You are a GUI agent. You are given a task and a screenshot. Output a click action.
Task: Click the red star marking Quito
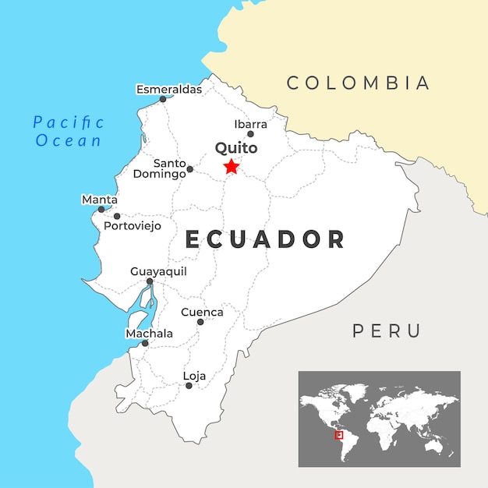tap(231, 166)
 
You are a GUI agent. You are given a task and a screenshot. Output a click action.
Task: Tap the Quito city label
tap(235, 147)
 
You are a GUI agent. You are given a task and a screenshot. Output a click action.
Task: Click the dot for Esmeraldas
tap(163, 99)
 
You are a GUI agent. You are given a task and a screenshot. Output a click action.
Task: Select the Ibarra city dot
tap(250, 134)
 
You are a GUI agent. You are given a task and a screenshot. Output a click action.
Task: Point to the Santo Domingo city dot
tap(189, 168)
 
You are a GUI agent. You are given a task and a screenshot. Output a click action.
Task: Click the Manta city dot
tap(101, 209)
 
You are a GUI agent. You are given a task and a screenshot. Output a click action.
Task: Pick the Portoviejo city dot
tap(117, 216)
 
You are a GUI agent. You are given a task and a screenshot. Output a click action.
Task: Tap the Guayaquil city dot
tap(150, 281)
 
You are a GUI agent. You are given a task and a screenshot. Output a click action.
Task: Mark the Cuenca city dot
tap(200, 321)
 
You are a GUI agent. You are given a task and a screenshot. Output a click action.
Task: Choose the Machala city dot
tap(145, 343)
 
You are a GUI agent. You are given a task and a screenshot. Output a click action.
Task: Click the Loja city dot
tap(189, 385)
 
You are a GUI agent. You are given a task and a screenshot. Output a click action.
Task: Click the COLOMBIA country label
tap(358, 83)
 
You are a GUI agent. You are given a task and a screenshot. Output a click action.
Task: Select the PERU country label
tap(387, 331)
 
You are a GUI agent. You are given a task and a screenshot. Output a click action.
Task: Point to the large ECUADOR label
tap(265, 239)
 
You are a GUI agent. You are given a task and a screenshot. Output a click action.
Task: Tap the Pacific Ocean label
tap(69, 131)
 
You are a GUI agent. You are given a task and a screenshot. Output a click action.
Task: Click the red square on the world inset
tap(338, 434)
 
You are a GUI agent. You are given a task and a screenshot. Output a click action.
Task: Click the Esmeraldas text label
tap(169, 89)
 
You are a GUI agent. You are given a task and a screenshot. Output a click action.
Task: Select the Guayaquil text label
tap(158, 271)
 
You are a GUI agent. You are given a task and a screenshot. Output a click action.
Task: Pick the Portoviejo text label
tap(133, 226)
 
